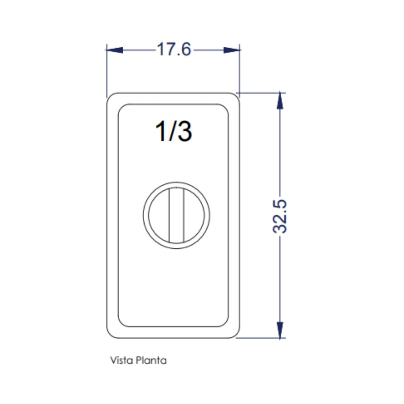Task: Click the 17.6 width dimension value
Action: click(174, 49)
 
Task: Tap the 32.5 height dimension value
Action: click(280, 217)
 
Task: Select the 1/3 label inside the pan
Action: click(174, 131)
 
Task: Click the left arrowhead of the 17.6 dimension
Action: click(115, 50)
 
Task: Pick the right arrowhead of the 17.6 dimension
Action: click(231, 50)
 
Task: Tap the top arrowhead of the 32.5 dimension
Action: click(280, 101)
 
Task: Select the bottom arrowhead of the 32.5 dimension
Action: click(280, 330)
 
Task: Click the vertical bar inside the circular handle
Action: click(177, 215)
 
